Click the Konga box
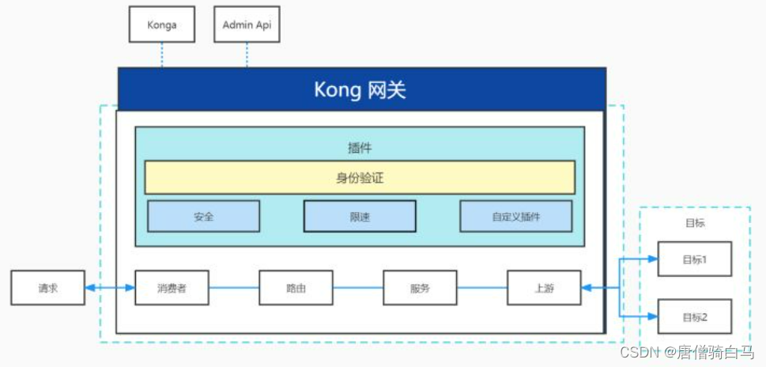[x=162, y=25]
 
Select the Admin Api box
[x=247, y=25]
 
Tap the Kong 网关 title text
[x=360, y=89]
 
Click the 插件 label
[x=360, y=147]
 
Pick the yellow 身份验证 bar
[x=360, y=178]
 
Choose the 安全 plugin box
[x=204, y=216]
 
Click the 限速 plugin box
[x=360, y=216]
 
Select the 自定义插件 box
[x=515, y=216]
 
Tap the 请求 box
[x=47, y=288]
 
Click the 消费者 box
[x=172, y=288]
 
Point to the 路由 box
[x=296, y=288]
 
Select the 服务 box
[x=420, y=288]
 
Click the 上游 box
[x=544, y=288]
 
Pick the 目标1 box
[x=695, y=259]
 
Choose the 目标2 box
[x=695, y=317]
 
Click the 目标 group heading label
[x=695, y=223]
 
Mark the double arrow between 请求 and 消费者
[x=109, y=288]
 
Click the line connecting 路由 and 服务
[x=357, y=288]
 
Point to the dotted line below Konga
[x=162, y=55]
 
